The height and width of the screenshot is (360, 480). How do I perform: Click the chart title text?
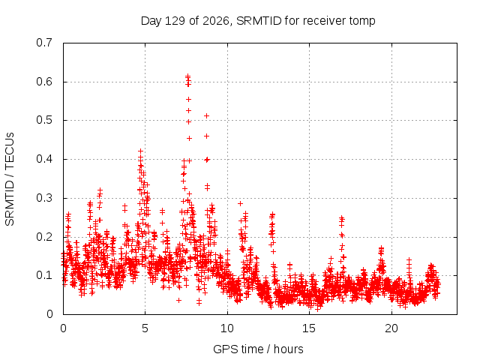click(x=258, y=21)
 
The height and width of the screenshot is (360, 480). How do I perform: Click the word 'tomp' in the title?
click(x=362, y=22)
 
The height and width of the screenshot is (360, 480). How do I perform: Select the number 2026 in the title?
click(x=216, y=21)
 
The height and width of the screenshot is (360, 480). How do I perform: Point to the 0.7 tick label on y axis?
click(x=44, y=43)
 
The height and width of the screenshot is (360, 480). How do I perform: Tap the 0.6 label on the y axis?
click(x=44, y=82)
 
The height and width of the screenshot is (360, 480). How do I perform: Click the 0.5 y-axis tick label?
click(x=44, y=120)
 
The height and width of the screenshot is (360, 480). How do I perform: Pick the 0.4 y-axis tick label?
click(x=44, y=159)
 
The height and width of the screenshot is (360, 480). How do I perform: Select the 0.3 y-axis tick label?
click(x=44, y=198)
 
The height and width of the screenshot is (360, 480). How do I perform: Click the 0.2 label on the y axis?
click(x=44, y=237)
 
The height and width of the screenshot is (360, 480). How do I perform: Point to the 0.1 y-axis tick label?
click(x=44, y=275)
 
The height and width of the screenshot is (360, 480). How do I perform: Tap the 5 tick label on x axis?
click(x=145, y=328)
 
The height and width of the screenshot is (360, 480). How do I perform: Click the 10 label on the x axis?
click(x=227, y=328)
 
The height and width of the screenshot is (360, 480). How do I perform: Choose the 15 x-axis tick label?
click(x=309, y=328)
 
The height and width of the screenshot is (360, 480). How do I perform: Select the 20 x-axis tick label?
click(x=391, y=328)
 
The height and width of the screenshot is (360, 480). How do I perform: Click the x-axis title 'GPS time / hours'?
click(x=258, y=349)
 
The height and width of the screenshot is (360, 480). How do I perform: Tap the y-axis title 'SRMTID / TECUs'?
click(x=10, y=179)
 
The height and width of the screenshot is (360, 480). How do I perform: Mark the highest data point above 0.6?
click(x=187, y=76)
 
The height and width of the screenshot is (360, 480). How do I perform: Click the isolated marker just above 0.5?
click(x=207, y=115)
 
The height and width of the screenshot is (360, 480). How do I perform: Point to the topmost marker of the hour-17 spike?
click(x=342, y=217)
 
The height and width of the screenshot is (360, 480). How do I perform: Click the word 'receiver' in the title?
click(x=325, y=21)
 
